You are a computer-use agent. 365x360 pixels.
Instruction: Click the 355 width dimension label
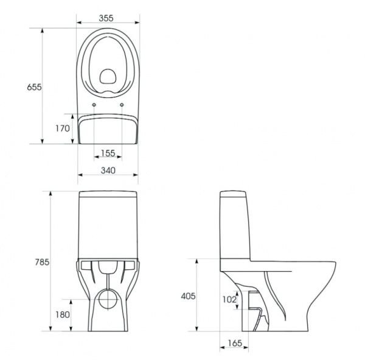click(x=107, y=18)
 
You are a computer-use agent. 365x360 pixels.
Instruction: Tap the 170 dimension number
click(x=61, y=129)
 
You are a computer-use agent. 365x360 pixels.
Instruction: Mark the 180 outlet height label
click(x=61, y=314)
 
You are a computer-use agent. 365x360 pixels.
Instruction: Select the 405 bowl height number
click(x=189, y=296)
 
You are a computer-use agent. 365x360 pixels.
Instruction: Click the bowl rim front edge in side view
click(x=334, y=268)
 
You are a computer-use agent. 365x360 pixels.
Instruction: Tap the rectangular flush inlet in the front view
click(x=108, y=267)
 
